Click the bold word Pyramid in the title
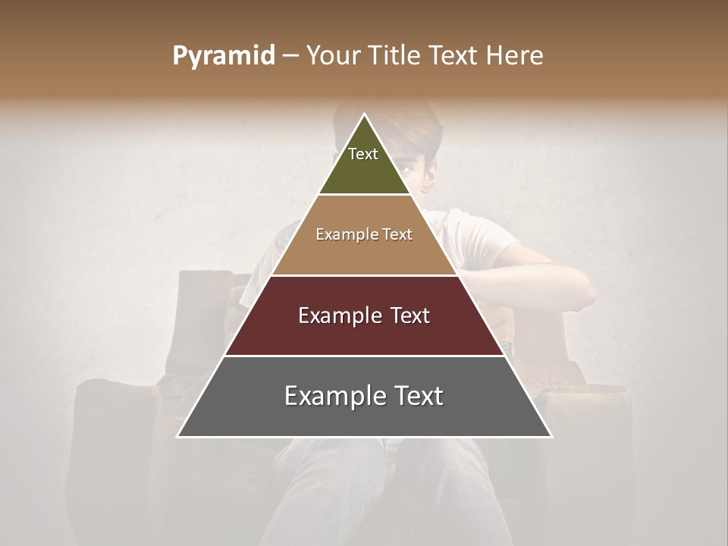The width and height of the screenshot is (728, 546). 223,56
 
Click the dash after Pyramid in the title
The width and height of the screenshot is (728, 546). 290,56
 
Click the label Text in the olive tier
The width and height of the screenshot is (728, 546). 363,154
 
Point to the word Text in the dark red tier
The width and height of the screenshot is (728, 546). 410,315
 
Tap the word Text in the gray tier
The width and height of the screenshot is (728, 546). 418,396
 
